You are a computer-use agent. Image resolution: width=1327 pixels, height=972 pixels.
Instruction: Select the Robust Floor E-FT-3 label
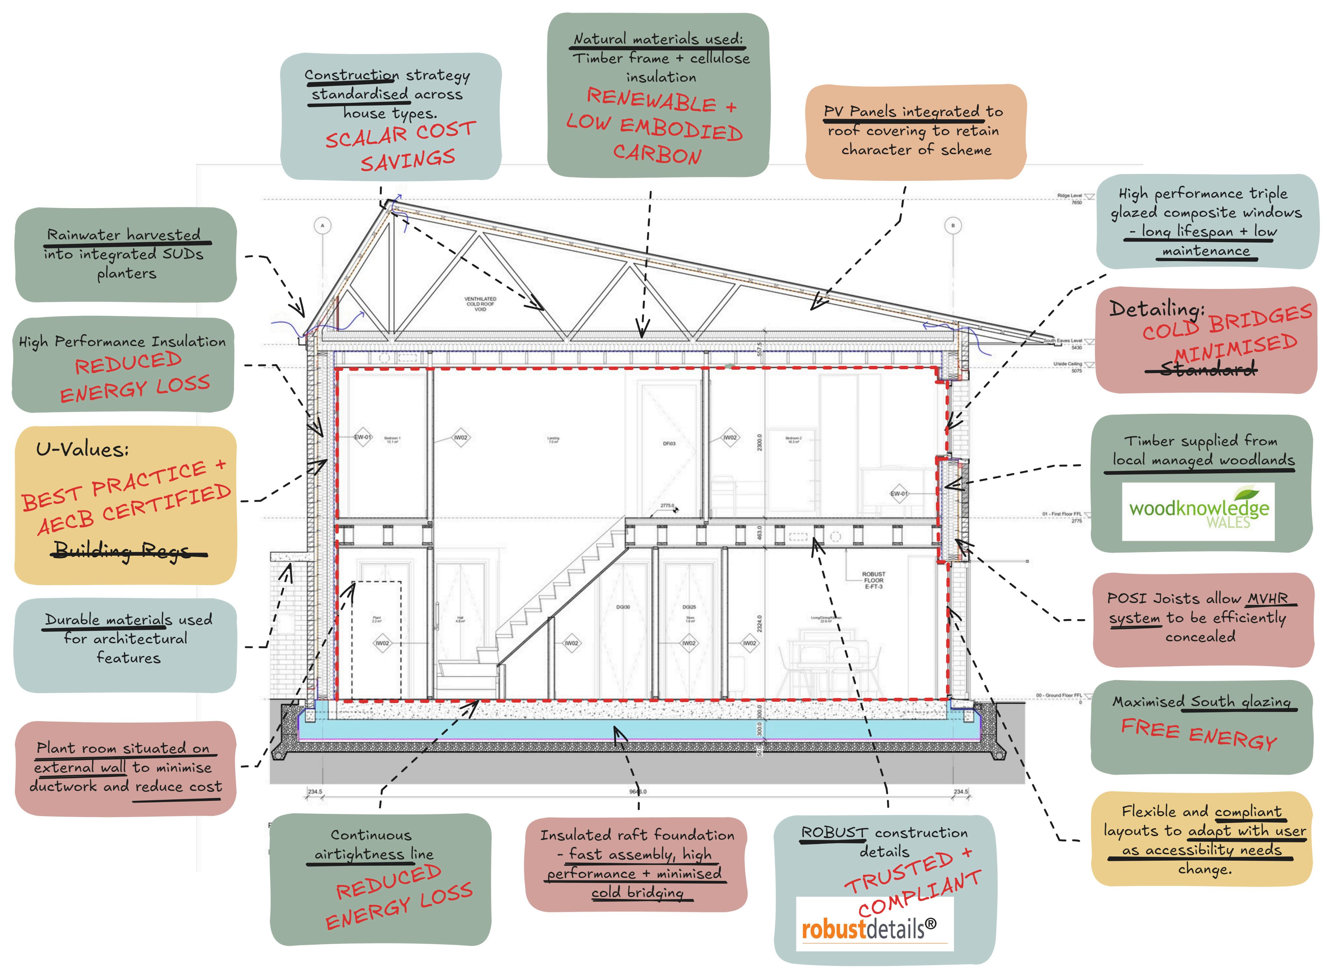click(873, 580)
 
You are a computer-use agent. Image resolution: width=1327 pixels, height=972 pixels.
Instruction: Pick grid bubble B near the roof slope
click(953, 225)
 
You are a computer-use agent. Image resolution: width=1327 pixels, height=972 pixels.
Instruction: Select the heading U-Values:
click(82, 449)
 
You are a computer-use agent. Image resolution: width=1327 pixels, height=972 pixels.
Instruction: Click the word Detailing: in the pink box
click(1156, 308)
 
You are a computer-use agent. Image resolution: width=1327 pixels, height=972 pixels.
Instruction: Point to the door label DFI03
click(669, 444)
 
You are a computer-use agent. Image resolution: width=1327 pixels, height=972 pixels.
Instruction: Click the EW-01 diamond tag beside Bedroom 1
click(363, 437)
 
